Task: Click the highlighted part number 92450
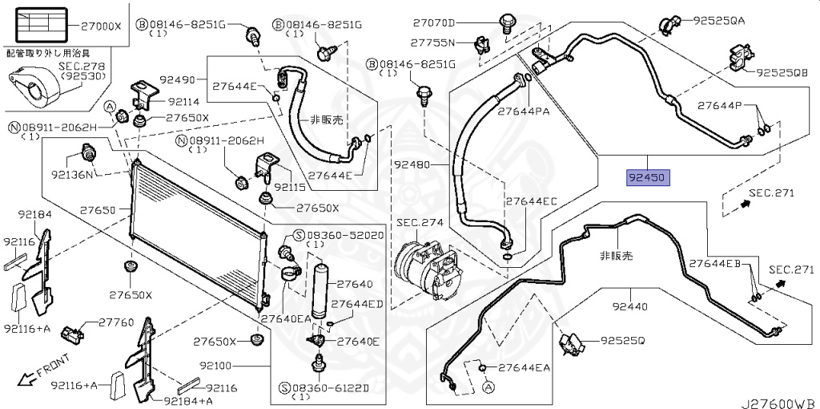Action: [647, 177]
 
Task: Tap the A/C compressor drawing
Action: [425, 268]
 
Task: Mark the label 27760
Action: [116, 322]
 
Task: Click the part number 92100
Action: [216, 366]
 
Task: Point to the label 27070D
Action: [434, 22]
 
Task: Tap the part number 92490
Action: [178, 79]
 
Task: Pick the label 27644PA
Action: [524, 111]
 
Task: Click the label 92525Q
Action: [623, 341]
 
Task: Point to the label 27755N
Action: [432, 42]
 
